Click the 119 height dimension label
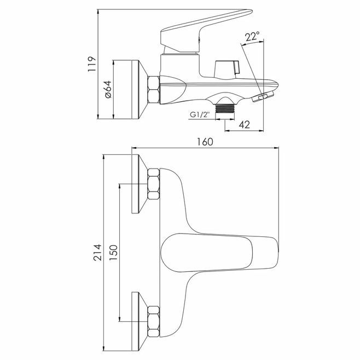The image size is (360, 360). pos(91,65)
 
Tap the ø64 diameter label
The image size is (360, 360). pos(108,90)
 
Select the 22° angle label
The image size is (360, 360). pos(252,36)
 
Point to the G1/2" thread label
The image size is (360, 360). pos(200,114)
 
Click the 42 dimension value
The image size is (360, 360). pos(244,125)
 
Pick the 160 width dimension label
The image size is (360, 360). pos(205,142)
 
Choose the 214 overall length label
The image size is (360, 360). pos(97,252)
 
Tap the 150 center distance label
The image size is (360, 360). pos(113,253)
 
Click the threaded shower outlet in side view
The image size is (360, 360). pos(225,108)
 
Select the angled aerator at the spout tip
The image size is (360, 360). pos(264,96)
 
